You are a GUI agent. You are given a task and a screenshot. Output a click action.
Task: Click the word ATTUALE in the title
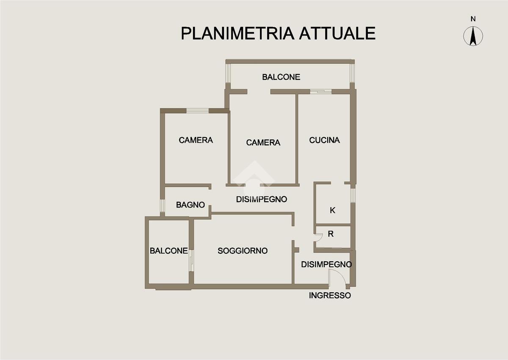coord(337,33)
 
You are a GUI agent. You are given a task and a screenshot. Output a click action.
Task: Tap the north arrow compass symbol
coord(473,36)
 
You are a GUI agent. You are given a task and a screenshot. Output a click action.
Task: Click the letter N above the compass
coord(473,19)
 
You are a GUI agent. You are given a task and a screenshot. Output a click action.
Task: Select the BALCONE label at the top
coord(281,77)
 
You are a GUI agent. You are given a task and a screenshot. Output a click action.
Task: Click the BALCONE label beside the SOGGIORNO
coord(168,251)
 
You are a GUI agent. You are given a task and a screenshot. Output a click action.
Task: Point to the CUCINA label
coord(324,140)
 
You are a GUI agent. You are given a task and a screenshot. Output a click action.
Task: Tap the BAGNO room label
coord(190,205)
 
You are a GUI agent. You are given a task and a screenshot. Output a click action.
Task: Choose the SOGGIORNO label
coord(243,251)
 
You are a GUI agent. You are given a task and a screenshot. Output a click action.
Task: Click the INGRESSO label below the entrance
coord(330,296)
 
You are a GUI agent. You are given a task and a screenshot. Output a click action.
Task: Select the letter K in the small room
coord(332,210)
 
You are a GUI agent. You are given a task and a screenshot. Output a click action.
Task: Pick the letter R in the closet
coord(331,234)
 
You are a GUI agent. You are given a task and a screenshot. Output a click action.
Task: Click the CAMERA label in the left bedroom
coord(196,140)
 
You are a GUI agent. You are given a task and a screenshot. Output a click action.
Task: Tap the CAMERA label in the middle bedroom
coord(263,143)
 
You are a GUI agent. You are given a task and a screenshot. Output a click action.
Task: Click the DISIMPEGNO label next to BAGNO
coord(262,199)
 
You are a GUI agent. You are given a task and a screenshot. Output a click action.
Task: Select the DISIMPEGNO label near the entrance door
coord(326,264)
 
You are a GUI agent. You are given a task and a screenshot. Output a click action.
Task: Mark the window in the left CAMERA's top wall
coord(197,111)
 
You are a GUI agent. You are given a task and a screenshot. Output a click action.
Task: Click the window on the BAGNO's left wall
coord(162,205)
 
